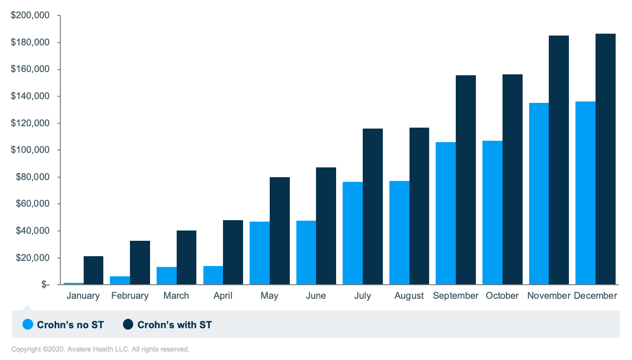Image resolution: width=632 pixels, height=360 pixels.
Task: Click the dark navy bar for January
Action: point(93,270)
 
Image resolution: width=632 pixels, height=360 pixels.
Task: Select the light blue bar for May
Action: point(259,253)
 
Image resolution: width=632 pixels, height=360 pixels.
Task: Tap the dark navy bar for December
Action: point(605,159)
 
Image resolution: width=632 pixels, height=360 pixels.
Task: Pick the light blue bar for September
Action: point(445,213)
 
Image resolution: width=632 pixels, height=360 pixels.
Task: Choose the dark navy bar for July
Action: point(373,207)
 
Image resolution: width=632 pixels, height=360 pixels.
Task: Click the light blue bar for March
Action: point(166,276)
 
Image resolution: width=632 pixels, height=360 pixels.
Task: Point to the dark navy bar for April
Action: point(233,252)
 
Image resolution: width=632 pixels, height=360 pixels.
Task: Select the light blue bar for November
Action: point(539,194)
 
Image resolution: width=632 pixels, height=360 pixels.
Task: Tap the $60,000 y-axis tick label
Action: point(32,204)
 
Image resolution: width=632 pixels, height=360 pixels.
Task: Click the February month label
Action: point(130,296)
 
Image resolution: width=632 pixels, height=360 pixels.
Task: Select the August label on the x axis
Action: point(409,296)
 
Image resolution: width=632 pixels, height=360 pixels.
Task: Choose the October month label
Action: point(502,296)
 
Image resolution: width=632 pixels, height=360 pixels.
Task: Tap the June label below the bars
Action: point(316,296)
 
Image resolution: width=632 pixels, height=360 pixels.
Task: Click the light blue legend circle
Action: point(28,324)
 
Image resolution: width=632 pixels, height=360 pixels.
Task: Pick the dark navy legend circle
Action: point(128,324)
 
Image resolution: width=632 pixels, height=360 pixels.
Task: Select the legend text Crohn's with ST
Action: point(174,324)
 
